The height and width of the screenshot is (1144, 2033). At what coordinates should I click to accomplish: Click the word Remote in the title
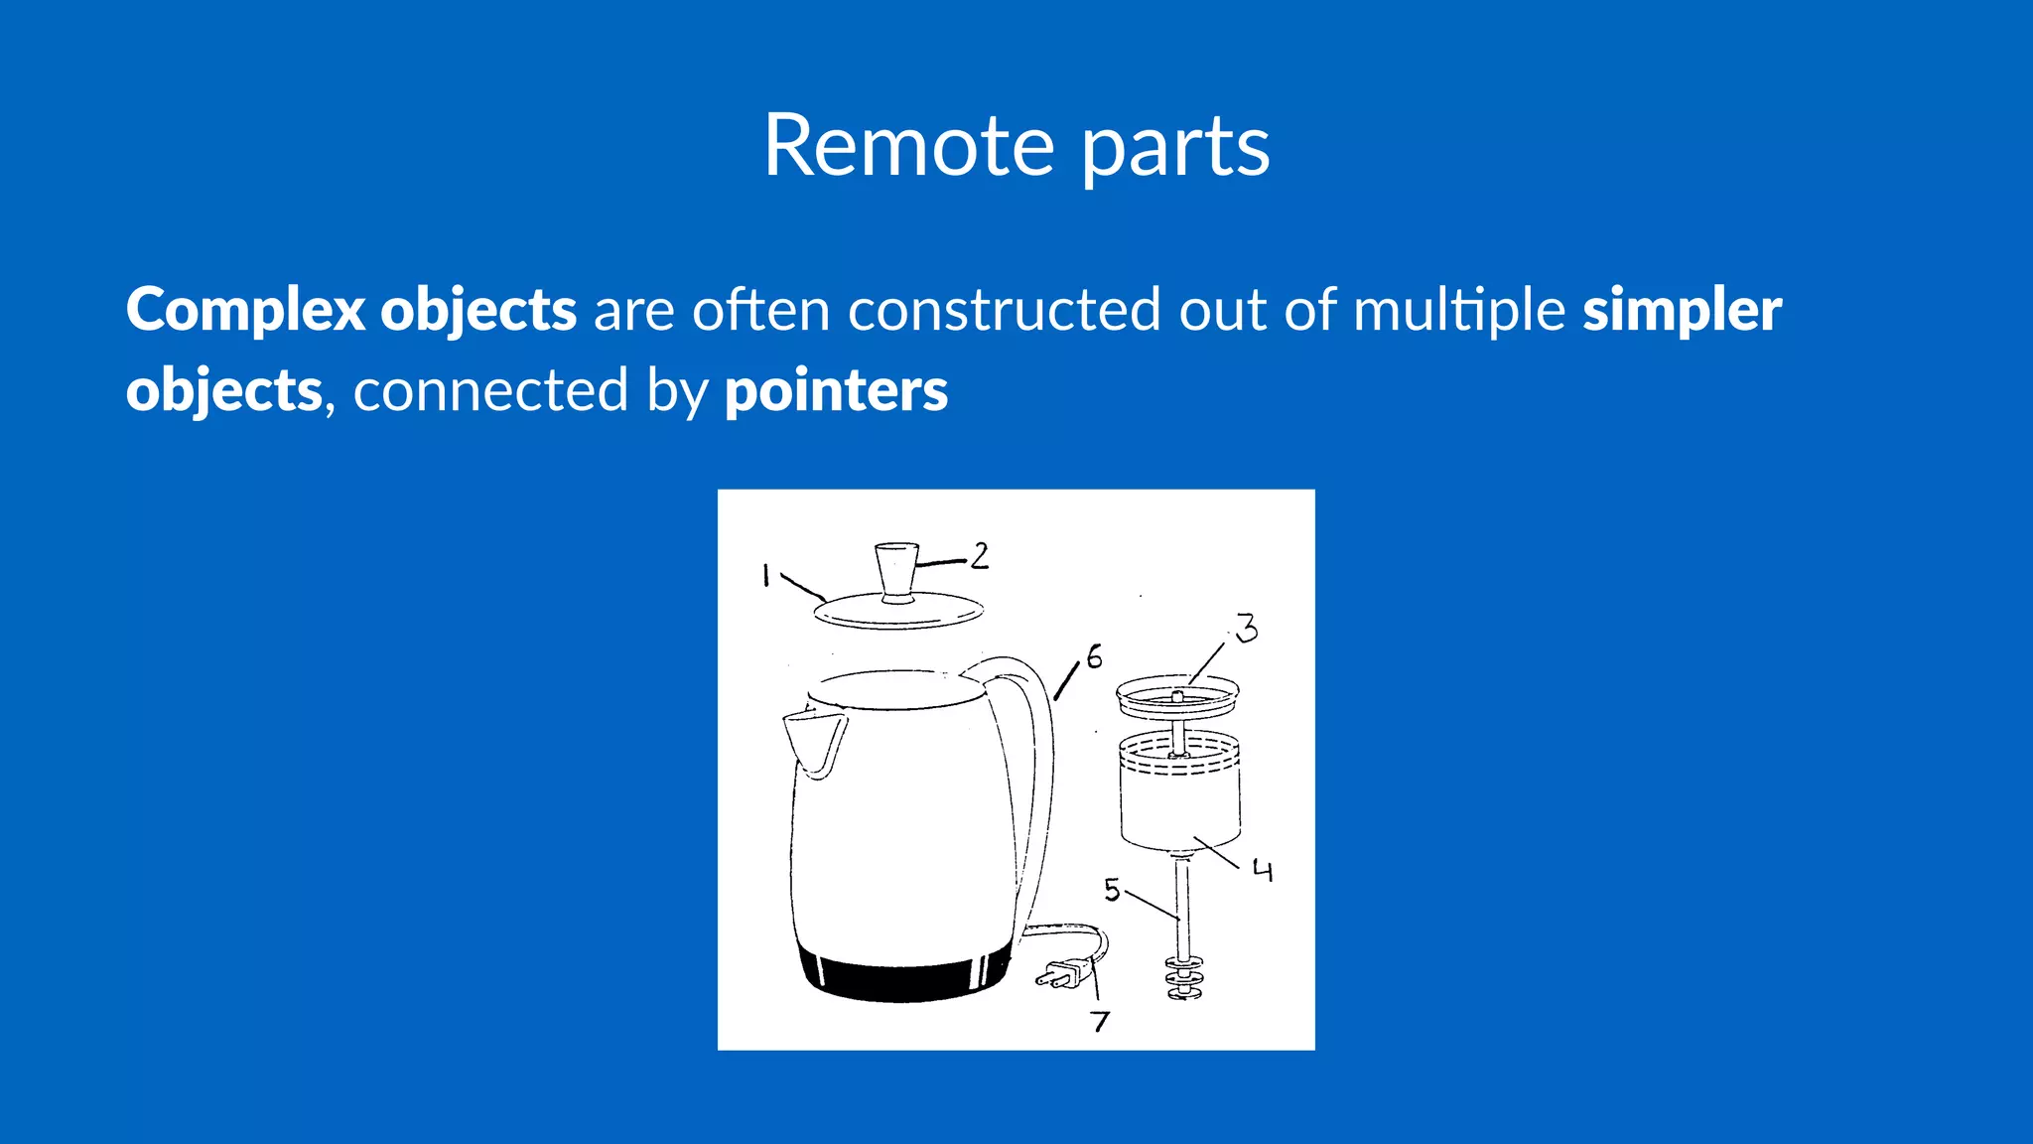[907, 147]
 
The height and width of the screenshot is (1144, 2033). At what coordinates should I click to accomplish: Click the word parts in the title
[1174, 149]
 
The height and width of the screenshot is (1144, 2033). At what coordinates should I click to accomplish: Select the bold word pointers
[836, 391]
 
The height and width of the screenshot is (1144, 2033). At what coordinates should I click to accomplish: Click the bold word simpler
[1682, 310]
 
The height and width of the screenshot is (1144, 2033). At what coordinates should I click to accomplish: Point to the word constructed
[1004, 310]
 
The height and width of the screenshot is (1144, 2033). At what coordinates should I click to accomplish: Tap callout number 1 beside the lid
[765, 575]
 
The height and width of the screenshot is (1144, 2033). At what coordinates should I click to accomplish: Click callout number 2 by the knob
[980, 555]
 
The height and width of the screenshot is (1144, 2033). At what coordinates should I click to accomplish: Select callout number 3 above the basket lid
[1247, 628]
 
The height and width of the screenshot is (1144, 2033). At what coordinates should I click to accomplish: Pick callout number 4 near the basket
[1262, 871]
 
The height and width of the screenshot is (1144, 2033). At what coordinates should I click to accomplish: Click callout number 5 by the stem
[1112, 890]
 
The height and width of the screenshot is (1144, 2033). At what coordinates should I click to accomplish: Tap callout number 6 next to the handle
[1094, 656]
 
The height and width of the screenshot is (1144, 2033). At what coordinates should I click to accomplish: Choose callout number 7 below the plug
[1100, 1021]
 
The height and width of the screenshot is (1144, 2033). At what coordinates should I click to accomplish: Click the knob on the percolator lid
[896, 571]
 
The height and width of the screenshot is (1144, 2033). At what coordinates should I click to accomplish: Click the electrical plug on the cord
[1061, 972]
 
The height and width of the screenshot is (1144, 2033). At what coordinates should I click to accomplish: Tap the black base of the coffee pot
[903, 978]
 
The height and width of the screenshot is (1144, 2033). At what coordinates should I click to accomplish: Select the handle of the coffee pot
[1032, 755]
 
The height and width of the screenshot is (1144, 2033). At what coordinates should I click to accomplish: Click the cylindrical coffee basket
[1179, 794]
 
